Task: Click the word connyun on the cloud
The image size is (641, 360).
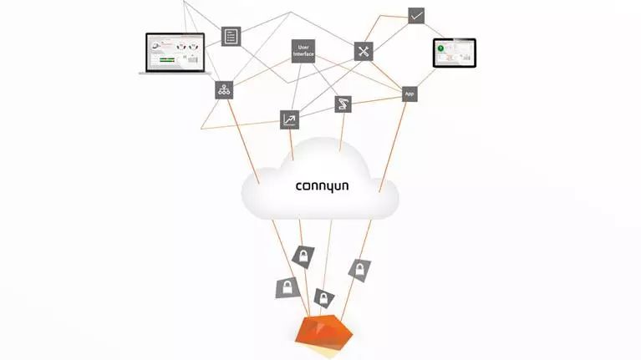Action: coord(322,185)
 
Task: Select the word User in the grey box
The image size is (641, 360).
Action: coord(303,46)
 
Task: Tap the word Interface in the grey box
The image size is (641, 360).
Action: coord(303,54)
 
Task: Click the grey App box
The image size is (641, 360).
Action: coord(410,94)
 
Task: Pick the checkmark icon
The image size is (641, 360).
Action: coord(416,16)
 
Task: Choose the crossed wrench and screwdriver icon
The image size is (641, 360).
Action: coord(364,51)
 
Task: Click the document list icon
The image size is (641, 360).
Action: coord(231,36)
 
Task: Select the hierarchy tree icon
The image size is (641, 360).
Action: coord(224,90)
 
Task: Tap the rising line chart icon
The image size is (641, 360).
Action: coord(289,119)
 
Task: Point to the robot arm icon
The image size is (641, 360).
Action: coord(343,104)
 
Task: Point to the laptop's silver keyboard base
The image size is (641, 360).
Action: coord(173,74)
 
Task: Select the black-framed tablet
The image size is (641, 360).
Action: coord(454,53)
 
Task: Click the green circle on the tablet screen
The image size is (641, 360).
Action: coord(440,49)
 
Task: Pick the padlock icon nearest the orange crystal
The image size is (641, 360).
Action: coord(323,298)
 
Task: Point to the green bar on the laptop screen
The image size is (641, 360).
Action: coord(166,60)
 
